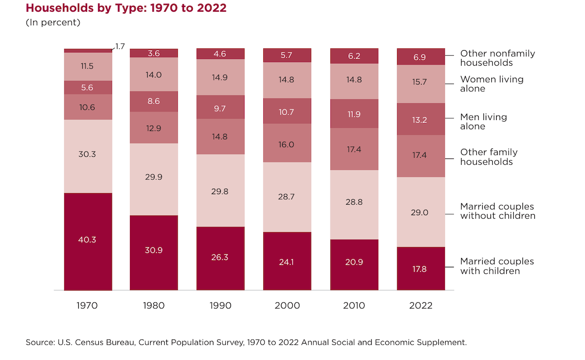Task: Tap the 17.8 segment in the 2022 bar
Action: point(420,269)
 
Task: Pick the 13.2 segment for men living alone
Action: point(420,119)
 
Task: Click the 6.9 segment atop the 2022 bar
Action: point(420,57)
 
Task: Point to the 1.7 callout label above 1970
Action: point(120,46)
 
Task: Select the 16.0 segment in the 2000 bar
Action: point(287,144)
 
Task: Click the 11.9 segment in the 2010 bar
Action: point(354,114)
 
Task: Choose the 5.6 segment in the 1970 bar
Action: point(88,88)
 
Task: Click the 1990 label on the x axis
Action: point(220,306)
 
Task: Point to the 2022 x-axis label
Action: point(420,306)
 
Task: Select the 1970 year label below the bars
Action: point(87,306)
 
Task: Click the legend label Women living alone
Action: point(492,84)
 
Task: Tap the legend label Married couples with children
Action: point(497,266)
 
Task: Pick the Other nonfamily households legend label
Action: point(497,58)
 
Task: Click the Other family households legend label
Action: point(489,157)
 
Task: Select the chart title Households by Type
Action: point(126,8)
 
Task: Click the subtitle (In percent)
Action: point(53,22)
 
